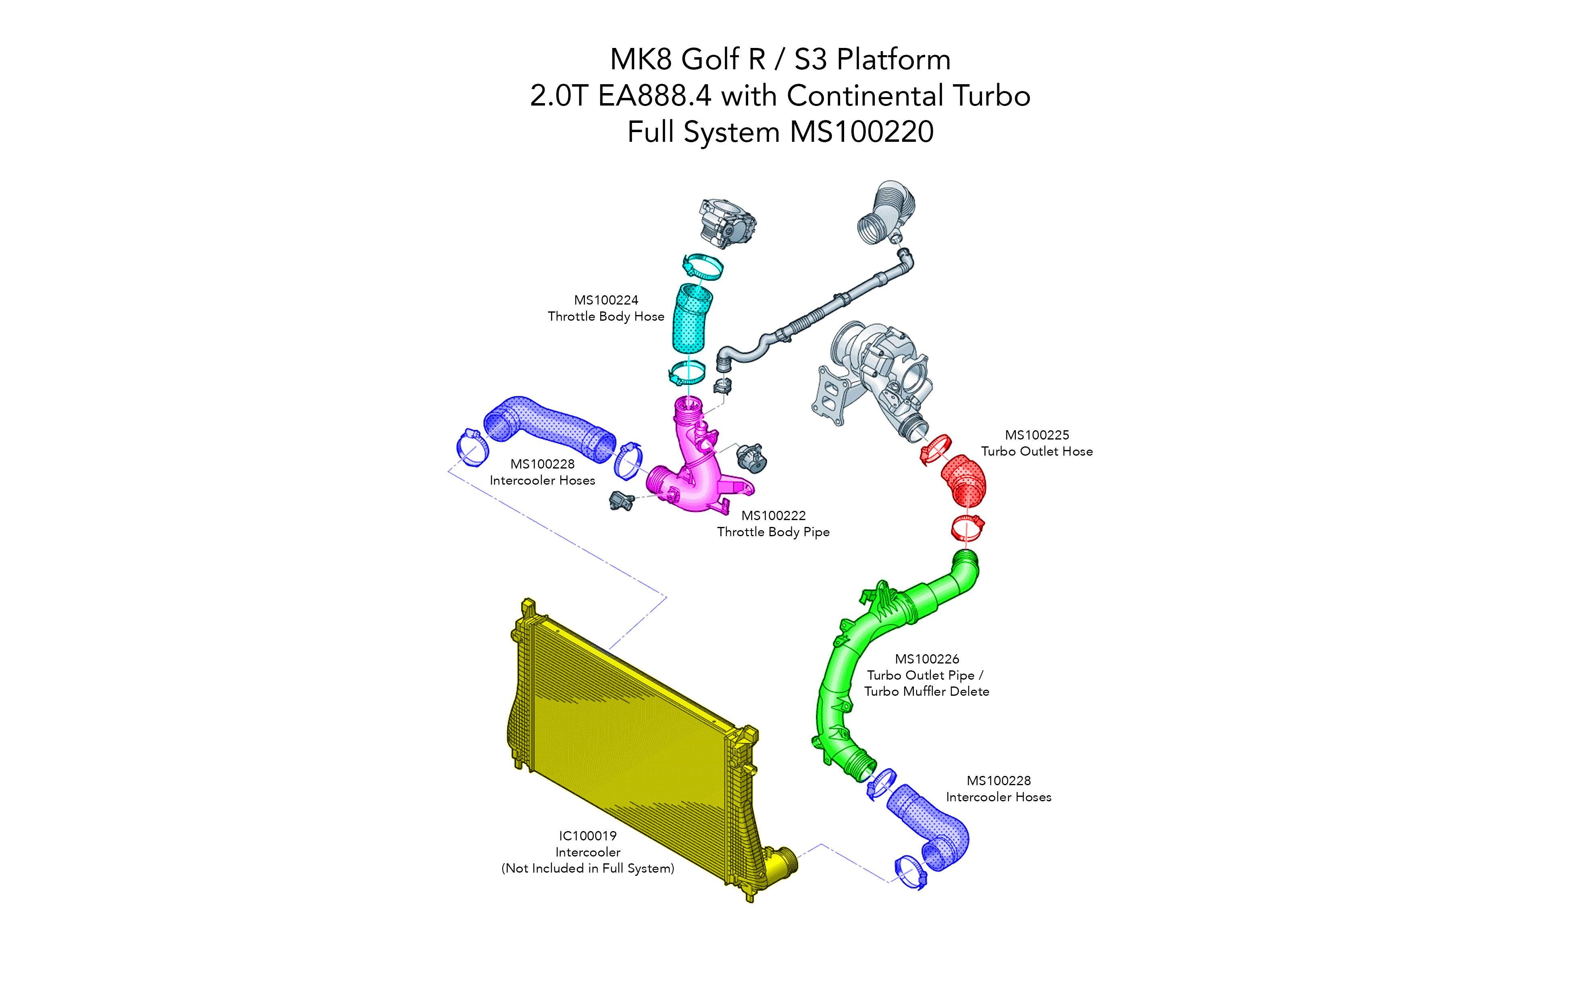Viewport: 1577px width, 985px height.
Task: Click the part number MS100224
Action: coord(605,300)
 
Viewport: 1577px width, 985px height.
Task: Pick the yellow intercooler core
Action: coord(626,730)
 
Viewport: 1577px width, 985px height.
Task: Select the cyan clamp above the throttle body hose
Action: coord(703,266)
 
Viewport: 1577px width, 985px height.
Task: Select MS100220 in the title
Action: coord(861,132)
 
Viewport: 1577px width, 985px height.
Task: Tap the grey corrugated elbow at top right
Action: coord(886,212)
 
